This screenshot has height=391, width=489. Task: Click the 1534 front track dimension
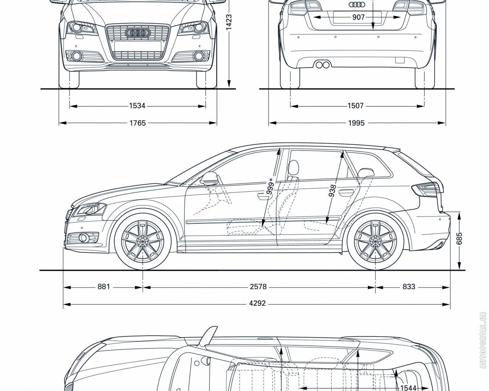tap(137, 106)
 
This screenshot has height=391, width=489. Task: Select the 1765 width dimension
tap(137, 123)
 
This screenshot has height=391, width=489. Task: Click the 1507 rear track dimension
tap(355, 106)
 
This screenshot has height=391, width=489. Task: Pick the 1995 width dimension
tap(356, 123)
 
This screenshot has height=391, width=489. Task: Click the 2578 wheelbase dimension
tap(258, 286)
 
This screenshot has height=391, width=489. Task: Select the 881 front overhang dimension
tap(104, 286)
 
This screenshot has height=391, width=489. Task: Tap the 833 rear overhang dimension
tap(409, 286)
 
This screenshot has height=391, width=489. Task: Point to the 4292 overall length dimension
tap(257, 304)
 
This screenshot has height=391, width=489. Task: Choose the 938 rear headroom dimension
tap(332, 191)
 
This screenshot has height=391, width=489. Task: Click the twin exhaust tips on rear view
tap(323, 65)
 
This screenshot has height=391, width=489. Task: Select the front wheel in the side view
tap(142, 241)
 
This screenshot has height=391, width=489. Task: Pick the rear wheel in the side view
tap(375, 241)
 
